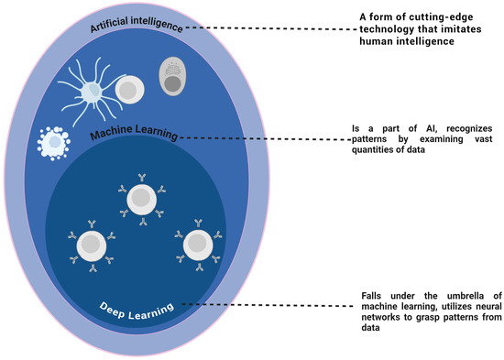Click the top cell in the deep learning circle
click(141, 197)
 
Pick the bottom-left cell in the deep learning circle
click(91, 245)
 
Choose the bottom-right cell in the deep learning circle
click(196, 245)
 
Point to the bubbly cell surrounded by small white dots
click(53, 144)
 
